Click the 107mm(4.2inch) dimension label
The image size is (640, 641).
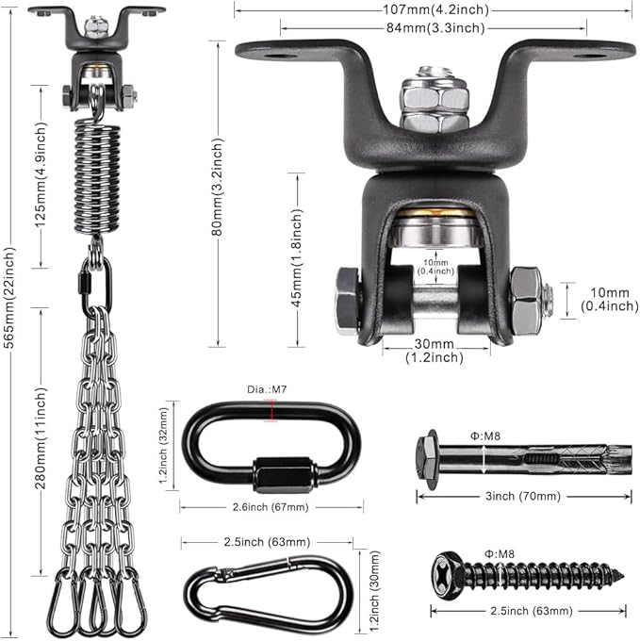click(x=435, y=9)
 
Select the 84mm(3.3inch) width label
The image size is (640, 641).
click(x=435, y=27)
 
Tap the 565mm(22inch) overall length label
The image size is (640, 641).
click(x=9, y=297)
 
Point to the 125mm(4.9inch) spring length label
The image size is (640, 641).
click(x=41, y=174)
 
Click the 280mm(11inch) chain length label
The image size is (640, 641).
click(x=41, y=438)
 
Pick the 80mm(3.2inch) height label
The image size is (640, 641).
click(x=218, y=187)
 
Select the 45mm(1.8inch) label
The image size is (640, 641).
click(x=297, y=257)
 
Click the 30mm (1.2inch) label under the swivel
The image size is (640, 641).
click(x=435, y=351)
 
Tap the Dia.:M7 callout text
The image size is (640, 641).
click(x=267, y=389)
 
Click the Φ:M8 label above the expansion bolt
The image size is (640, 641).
click(x=485, y=436)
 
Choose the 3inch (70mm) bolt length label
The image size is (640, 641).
click(x=523, y=496)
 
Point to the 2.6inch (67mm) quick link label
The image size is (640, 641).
click(x=271, y=507)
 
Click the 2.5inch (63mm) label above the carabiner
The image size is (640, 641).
click(x=267, y=542)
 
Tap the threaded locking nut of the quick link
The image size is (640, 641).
click(x=285, y=474)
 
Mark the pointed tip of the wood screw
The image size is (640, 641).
click(x=623, y=577)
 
